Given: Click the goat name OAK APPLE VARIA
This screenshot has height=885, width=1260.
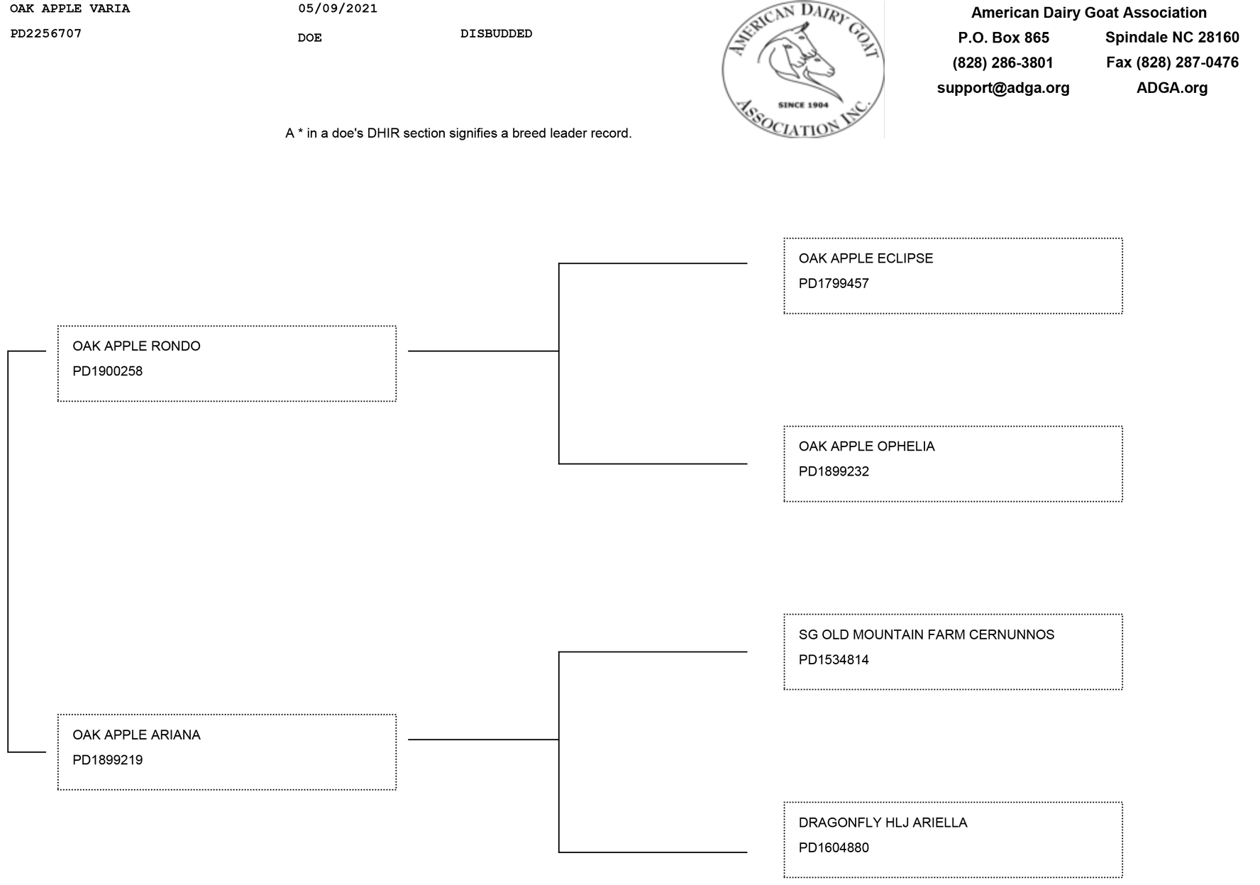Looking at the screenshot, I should (70, 9).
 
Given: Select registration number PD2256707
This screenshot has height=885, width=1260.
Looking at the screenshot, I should (45, 33).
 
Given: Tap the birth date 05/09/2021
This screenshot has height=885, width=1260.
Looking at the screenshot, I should (337, 9).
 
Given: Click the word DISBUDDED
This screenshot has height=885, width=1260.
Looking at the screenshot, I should (496, 33).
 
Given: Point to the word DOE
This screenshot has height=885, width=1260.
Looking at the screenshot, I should (309, 38).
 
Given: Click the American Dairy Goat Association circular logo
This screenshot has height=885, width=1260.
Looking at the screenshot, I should (802, 70).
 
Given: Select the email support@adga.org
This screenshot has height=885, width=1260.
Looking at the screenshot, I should (1002, 88).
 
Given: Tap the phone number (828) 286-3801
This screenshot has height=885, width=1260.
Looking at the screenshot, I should (1002, 63).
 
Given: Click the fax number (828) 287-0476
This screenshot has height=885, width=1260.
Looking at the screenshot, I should (1172, 62).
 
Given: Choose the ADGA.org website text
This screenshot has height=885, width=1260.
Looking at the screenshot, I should (1171, 88).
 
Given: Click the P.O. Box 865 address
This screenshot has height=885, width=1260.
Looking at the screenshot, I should (1003, 38).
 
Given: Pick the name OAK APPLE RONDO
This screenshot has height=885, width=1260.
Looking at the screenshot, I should (136, 346).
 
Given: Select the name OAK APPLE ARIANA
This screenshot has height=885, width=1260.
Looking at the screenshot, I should (136, 735).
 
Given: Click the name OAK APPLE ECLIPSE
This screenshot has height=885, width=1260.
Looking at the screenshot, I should (866, 258).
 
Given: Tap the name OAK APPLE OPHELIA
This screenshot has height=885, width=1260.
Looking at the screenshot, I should (866, 446).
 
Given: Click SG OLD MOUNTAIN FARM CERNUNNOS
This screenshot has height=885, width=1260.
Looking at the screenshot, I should (926, 634).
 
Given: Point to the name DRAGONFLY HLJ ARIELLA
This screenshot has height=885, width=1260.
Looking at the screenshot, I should (883, 823).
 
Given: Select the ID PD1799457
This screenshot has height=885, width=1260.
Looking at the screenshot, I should (834, 284).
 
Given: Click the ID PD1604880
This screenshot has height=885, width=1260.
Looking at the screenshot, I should (834, 848).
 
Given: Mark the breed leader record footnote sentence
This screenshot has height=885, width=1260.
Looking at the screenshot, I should (458, 133).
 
